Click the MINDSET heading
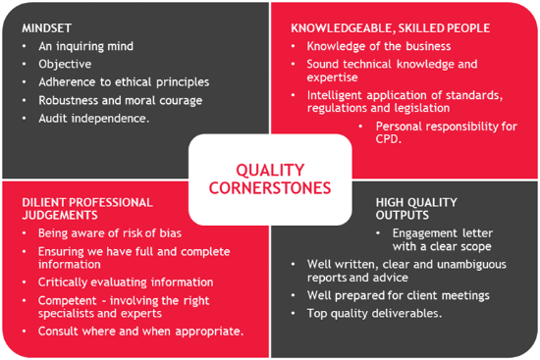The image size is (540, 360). coord(47,28)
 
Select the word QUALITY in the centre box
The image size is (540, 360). coord(270,171)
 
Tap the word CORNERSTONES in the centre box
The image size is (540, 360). coord(270,188)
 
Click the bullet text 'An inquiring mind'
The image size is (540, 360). coord(85,46)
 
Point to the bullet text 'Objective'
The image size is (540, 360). coord(65,64)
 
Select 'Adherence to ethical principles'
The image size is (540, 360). coord(124,82)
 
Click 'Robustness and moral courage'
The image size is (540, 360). coord(121,100)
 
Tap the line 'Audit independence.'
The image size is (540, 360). coord(94,118)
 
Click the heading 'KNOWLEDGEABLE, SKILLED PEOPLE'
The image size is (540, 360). coord(391,28)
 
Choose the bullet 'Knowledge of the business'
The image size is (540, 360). coord(379,46)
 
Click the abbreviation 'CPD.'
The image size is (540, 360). coord(389,139)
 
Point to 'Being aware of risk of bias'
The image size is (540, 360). coord(110,233)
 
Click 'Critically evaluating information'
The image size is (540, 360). coord(126,283)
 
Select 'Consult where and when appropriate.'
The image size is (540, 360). coord(140,332)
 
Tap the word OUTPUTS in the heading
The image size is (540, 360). coord(403,215)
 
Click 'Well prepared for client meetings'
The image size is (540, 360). coord(398,295)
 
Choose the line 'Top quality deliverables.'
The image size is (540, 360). coord(374,313)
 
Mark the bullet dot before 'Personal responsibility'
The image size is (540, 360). coord(360,127)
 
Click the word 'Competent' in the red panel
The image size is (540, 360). coord(68,300)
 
